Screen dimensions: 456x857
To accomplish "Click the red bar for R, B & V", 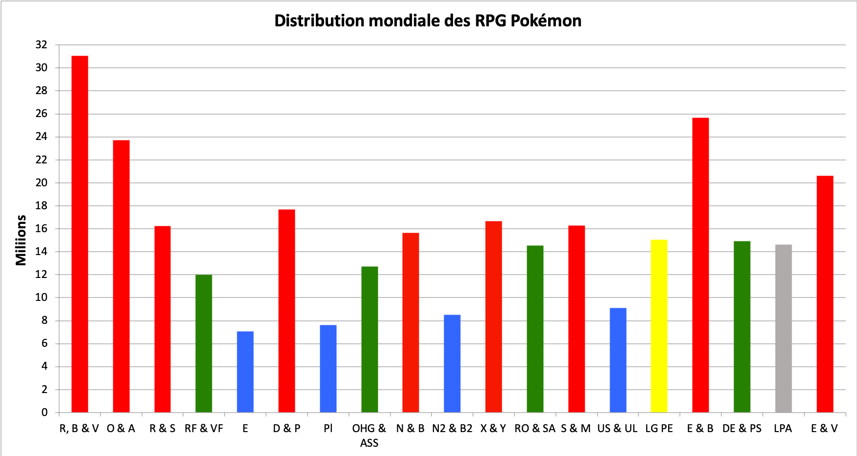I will pyautogui.click(x=80, y=234).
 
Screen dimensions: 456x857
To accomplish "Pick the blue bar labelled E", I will pyautogui.click(x=245, y=372).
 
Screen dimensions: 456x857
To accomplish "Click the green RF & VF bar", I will pyautogui.click(x=204, y=343).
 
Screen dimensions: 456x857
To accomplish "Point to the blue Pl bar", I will pyautogui.click(x=328, y=368).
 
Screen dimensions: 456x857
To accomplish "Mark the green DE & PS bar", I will pyautogui.click(x=742, y=327).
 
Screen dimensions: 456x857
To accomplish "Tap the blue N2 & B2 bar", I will pyautogui.click(x=452, y=363).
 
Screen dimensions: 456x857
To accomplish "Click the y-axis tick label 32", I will pyautogui.click(x=41, y=45).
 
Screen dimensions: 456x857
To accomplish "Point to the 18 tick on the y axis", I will pyautogui.click(x=41, y=206).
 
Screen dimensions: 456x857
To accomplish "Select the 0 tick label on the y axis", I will pyautogui.click(x=44, y=413).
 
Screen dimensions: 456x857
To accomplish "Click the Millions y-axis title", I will pyautogui.click(x=21, y=240).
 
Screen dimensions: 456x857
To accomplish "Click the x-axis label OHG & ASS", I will pyautogui.click(x=369, y=435).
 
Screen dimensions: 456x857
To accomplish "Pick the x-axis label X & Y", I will pyautogui.click(x=493, y=429).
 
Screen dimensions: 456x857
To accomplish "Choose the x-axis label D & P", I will pyautogui.click(x=286, y=429).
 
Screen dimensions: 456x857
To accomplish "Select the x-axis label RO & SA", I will pyautogui.click(x=535, y=429).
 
